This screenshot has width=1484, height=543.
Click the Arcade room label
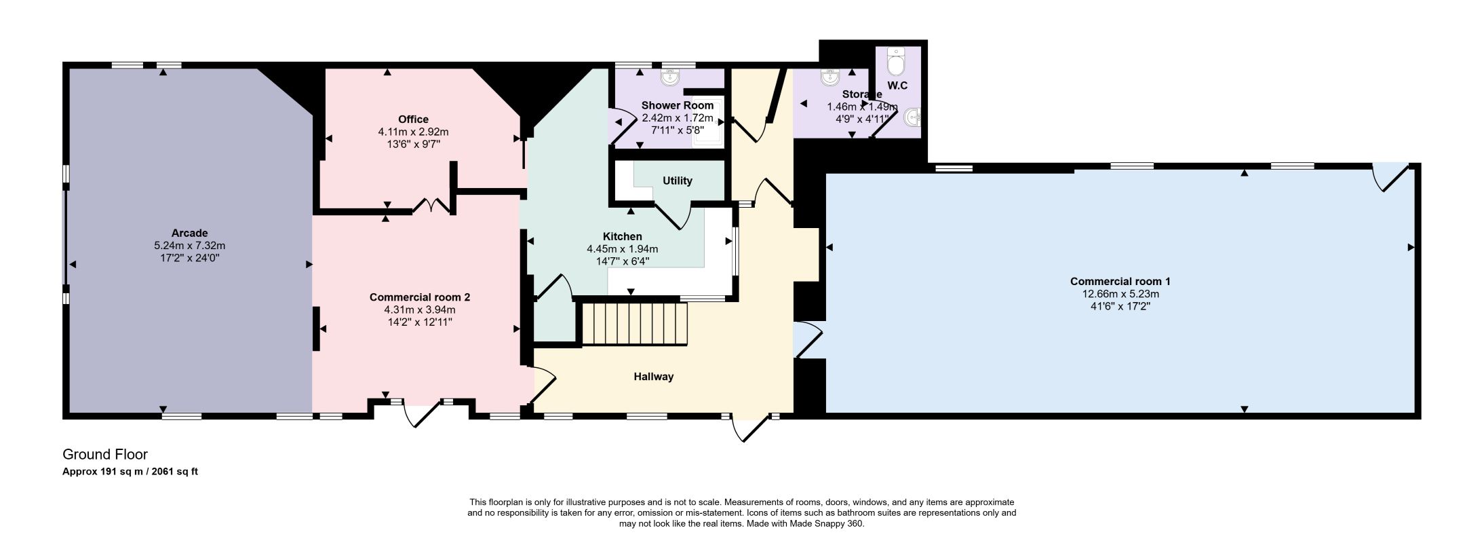[189, 233]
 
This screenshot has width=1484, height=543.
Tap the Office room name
[413, 119]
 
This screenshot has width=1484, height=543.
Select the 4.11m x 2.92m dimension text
[413, 132]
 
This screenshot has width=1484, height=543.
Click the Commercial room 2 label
[420, 297]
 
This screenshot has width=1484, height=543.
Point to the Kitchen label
[622, 236]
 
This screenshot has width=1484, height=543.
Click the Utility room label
[677, 181]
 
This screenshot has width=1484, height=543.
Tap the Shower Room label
[677, 105]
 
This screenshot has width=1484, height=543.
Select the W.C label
[897, 86]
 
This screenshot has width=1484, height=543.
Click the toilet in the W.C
[896, 61]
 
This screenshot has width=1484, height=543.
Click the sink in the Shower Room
[671, 77]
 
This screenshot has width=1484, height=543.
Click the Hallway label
[654, 377]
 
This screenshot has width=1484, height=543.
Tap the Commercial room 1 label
[1120, 281]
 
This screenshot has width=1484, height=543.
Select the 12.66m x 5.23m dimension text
[1120, 294]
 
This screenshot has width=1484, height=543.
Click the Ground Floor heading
[105, 454]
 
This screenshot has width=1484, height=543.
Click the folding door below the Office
[432, 206]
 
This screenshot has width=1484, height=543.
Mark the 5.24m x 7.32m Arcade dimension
[189, 246]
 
